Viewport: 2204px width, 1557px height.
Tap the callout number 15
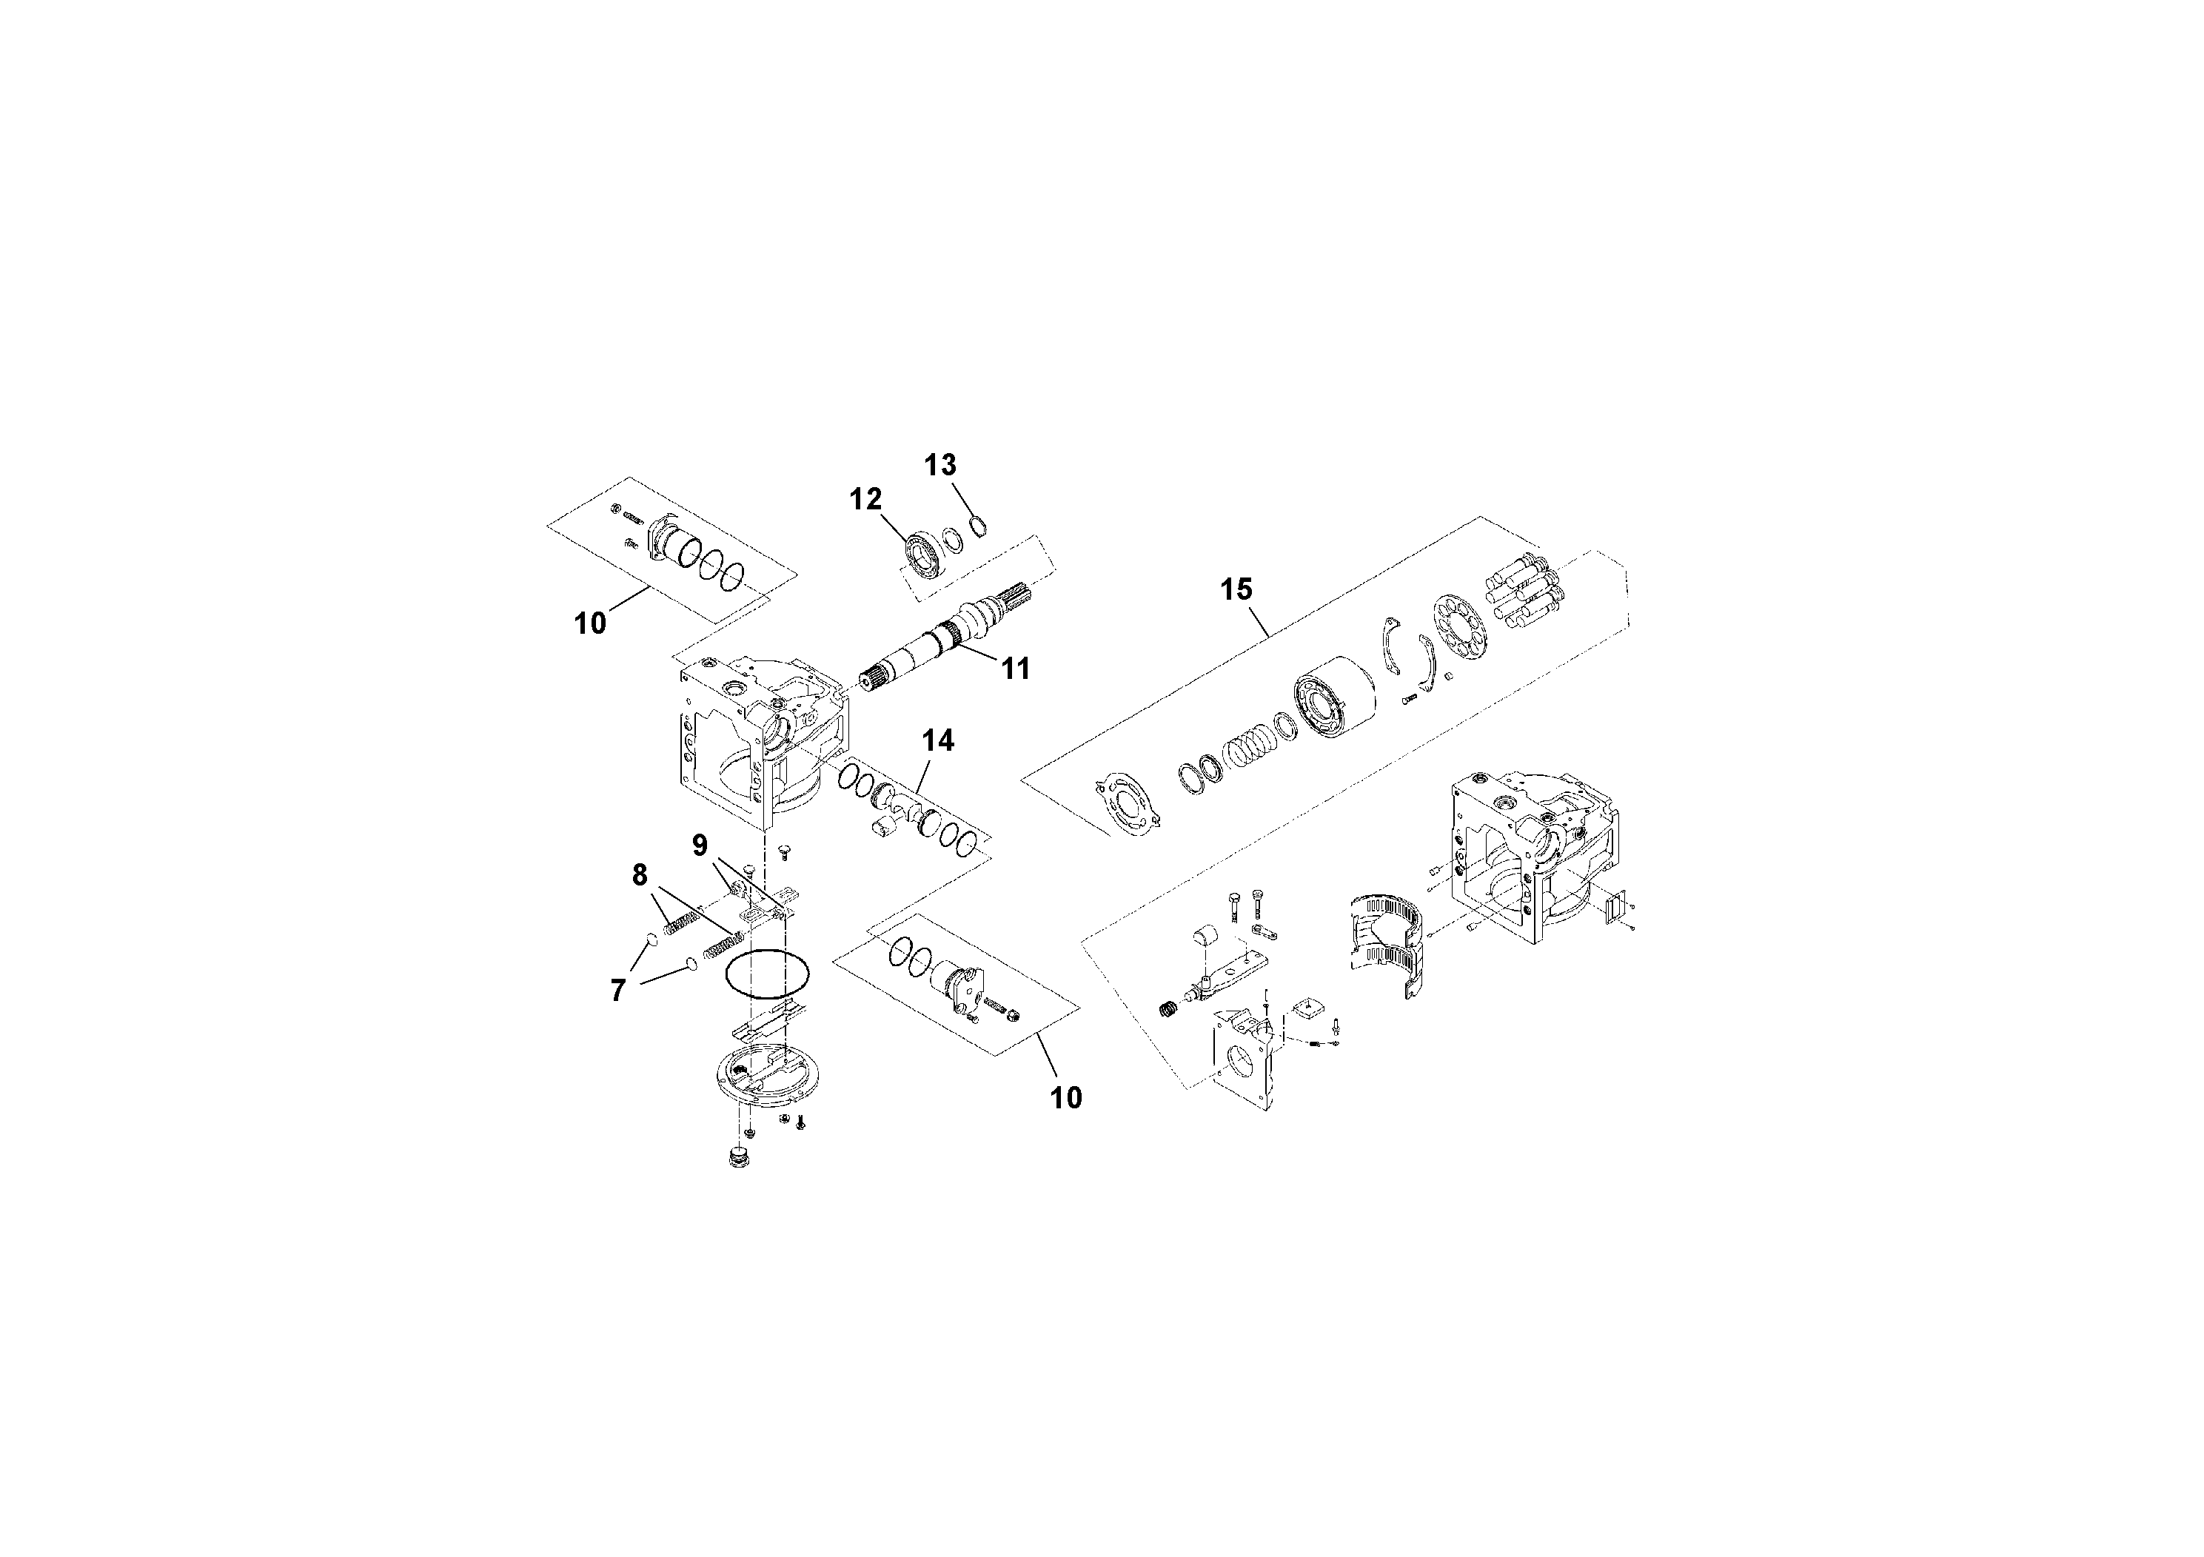(x=1236, y=589)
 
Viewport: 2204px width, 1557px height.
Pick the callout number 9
(x=700, y=845)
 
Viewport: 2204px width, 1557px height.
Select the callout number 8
(x=640, y=874)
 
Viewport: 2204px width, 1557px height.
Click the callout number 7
(x=617, y=990)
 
